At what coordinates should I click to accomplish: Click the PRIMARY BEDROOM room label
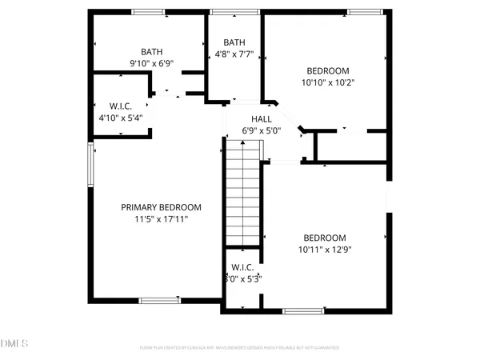[161, 207]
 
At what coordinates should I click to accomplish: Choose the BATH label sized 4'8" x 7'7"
[234, 42]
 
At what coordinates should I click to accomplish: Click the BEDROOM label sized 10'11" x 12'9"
[324, 238]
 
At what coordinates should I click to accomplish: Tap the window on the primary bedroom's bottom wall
[160, 301]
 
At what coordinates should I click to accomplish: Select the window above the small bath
[222, 11]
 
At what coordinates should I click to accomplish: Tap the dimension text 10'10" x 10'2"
[327, 82]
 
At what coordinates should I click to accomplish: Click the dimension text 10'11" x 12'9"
[324, 249]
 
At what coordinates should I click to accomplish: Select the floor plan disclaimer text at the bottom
[240, 348]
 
